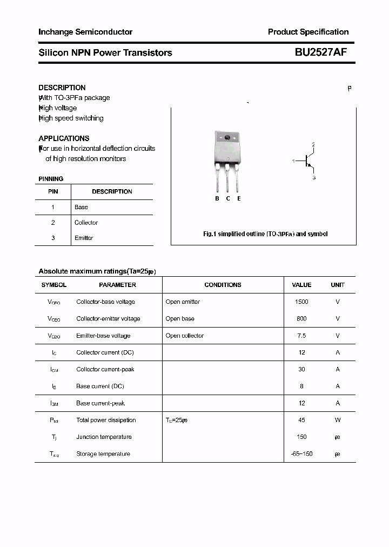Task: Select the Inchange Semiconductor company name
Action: pos(85,32)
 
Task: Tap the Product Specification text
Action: pos(308,32)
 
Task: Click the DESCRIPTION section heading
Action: pos(62,88)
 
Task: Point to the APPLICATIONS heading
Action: pos(64,138)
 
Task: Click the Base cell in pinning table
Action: pos(81,207)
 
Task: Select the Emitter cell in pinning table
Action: pos(84,238)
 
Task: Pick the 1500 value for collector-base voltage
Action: pos(301,302)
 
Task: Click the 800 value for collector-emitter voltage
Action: pos(301,319)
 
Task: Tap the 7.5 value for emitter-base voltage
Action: pos(301,336)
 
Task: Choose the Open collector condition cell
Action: pos(185,336)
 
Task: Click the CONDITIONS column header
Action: pos(223,285)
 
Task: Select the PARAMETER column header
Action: pos(117,285)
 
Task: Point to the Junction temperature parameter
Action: pos(104,437)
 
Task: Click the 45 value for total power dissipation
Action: pos(301,420)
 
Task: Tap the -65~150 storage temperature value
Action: pos(301,454)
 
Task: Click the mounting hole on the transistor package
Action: pos(227,137)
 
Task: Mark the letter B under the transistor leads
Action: pos(217,198)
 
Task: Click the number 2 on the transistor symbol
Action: pos(313,144)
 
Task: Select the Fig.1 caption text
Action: pos(265,234)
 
